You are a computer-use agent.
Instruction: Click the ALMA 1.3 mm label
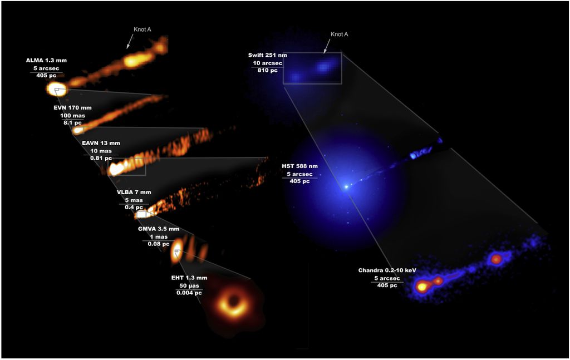pyautogui.click(x=46, y=60)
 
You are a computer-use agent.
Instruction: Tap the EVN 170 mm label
pyautogui.click(x=73, y=108)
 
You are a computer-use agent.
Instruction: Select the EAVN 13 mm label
pyautogui.click(x=101, y=143)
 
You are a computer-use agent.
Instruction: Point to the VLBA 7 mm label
pyautogui.click(x=134, y=192)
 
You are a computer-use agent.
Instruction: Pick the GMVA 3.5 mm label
pyautogui.click(x=159, y=229)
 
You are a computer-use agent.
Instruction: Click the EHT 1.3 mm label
pyautogui.click(x=189, y=278)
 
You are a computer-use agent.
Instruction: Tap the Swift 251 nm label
pyautogui.click(x=268, y=55)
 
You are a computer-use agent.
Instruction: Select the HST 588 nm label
pyautogui.click(x=299, y=166)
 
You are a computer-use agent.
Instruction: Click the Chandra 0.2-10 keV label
pyautogui.click(x=387, y=270)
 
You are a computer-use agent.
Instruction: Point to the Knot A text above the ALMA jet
pyautogui.click(x=142, y=29)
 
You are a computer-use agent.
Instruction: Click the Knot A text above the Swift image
pyautogui.click(x=339, y=34)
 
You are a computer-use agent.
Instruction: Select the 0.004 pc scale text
pyautogui.click(x=189, y=293)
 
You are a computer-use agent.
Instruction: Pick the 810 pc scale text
pyautogui.click(x=268, y=70)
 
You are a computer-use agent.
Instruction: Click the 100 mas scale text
pyautogui.click(x=73, y=116)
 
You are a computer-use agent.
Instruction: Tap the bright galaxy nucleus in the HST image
pyautogui.click(x=346, y=187)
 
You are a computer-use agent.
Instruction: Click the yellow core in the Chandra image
pyautogui.click(x=422, y=287)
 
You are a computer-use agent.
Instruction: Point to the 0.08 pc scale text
pyautogui.click(x=159, y=244)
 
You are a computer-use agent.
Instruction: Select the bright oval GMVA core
pyautogui.click(x=176, y=251)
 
